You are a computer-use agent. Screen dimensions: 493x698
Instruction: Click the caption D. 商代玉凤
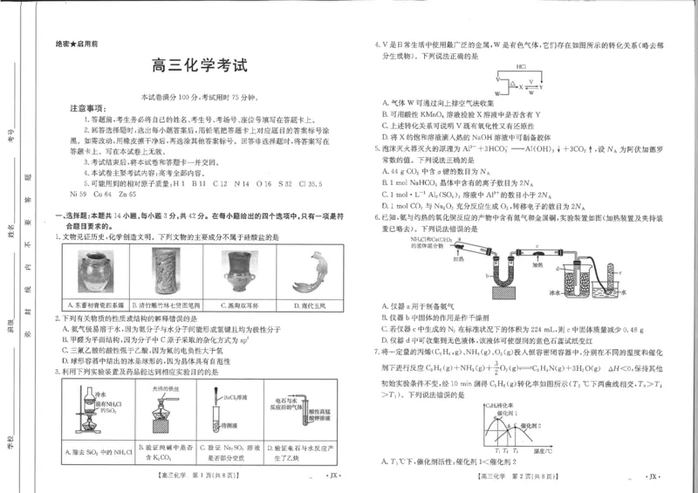coord(301,305)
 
